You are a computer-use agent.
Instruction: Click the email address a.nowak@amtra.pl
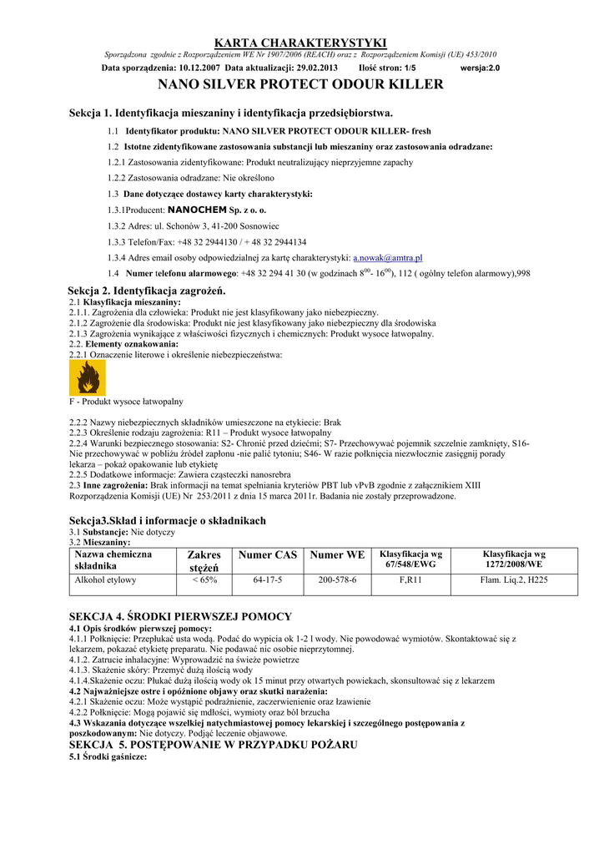pos(388,258)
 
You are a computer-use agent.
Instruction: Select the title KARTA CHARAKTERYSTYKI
pos(300,42)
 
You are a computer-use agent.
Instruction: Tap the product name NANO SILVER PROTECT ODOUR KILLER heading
pos(300,84)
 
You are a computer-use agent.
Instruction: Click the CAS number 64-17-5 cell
pos(268,579)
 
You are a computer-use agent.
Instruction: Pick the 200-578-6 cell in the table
pos(337,579)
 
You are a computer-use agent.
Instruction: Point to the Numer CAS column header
pos(268,554)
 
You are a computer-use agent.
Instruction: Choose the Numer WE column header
pos(337,554)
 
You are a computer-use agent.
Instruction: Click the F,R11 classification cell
pos(410,579)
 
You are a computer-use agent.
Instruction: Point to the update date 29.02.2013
pos(314,68)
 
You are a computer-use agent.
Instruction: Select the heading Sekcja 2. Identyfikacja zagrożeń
pos(147,291)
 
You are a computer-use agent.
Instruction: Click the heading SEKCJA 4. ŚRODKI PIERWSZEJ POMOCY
pos(180,617)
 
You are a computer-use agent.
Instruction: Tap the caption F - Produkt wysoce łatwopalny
pos(125,402)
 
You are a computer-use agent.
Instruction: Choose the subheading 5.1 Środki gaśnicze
pos(108,756)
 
